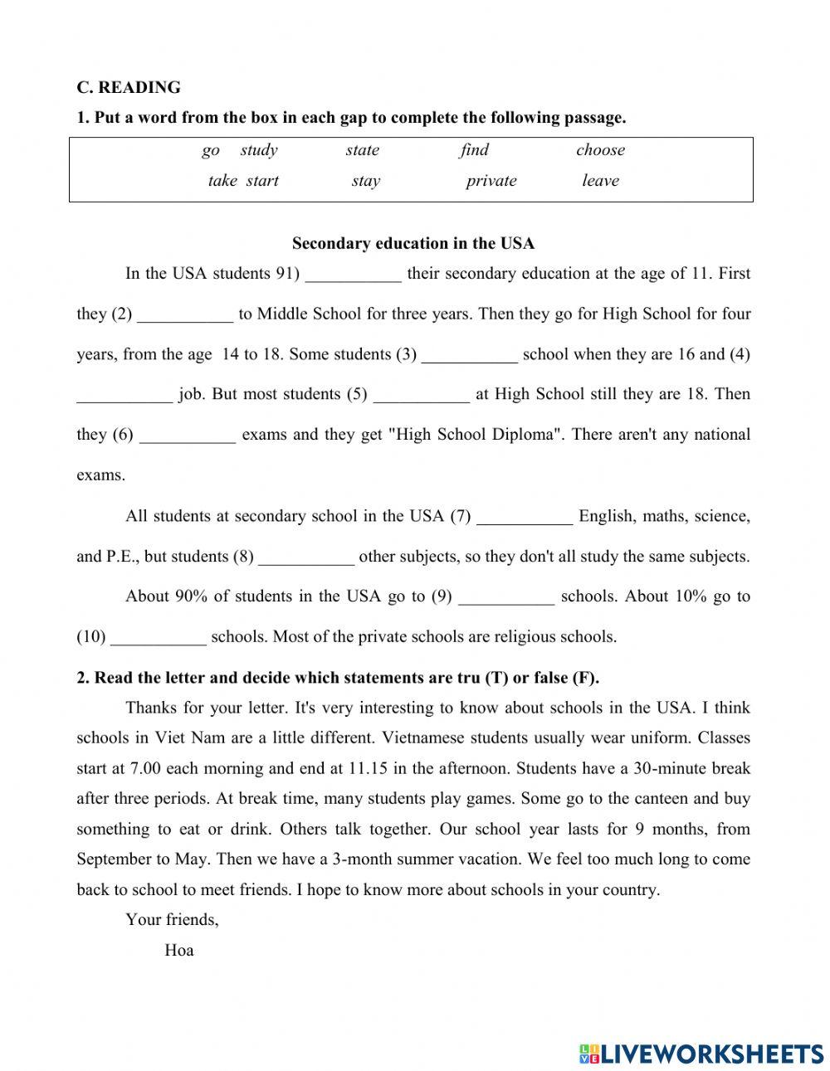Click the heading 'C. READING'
tap(129, 87)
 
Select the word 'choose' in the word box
tap(600, 150)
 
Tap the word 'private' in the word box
tap(491, 181)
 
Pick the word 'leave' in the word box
tap(600, 181)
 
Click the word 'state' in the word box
tap(362, 150)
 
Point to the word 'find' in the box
tap(474, 150)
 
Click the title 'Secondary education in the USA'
tap(413, 243)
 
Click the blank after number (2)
tap(185, 315)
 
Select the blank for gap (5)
tap(422, 396)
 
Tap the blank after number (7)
tap(525, 518)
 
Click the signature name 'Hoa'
tap(179, 951)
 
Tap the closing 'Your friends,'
tap(172, 919)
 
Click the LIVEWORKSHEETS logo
tap(701, 1054)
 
